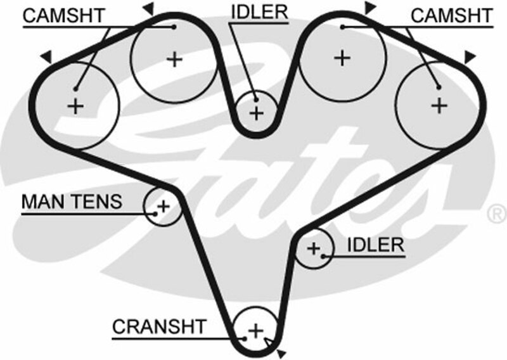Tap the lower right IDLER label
click(x=375, y=245)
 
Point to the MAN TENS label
click(x=71, y=202)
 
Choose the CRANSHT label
click(x=159, y=326)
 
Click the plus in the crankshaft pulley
click(x=255, y=330)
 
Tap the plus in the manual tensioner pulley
click(x=163, y=206)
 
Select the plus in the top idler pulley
click(x=256, y=113)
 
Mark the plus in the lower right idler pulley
click(x=314, y=248)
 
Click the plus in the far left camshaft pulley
click(x=75, y=105)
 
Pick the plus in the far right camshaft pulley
click(x=439, y=105)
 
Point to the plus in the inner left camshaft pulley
click(x=174, y=60)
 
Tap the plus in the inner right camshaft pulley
click(x=342, y=58)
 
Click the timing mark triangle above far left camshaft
click(x=46, y=57)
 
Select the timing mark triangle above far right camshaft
click(x=469, y=58)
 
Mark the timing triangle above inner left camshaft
click(x=148, y=8)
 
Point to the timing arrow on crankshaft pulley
click(x=271, y=344)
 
